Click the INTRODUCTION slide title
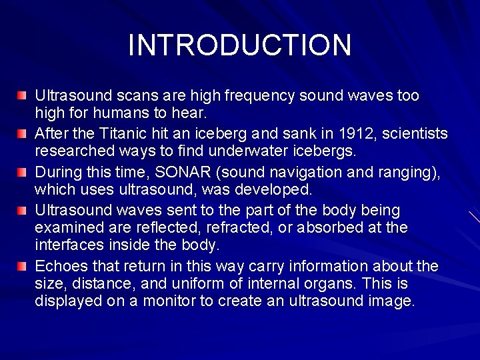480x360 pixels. (239, 45)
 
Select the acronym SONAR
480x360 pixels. (164, 172)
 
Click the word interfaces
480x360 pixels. (65, 246)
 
